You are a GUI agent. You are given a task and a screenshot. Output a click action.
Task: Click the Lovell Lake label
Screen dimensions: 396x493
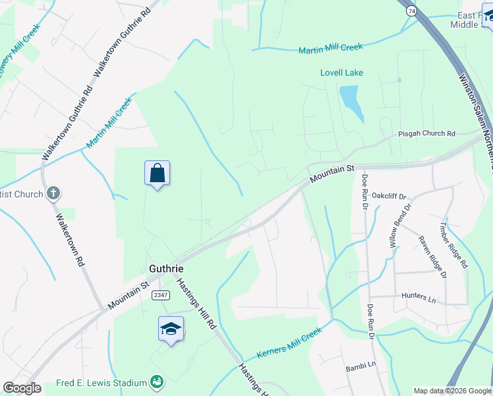pos(341,73)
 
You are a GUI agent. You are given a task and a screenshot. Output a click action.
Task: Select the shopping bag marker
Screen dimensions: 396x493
pos(158,174)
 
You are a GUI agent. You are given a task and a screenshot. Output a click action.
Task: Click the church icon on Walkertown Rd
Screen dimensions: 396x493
pos(53,194)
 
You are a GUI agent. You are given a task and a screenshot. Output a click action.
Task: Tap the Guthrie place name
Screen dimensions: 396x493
pos(165,269)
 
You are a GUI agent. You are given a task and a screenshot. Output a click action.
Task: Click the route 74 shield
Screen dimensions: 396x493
pos(411,11)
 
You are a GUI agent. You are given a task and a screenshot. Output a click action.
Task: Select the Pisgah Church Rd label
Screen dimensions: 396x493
pos(426,133)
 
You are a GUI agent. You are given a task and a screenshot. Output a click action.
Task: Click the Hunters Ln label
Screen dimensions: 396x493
pos(421,299)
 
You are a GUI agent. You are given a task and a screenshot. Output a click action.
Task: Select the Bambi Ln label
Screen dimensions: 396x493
pos(361,364)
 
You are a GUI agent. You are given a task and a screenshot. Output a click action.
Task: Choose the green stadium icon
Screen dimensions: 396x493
pos(157,381)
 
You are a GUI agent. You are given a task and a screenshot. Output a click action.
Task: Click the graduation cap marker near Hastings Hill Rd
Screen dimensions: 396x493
pos(171,329)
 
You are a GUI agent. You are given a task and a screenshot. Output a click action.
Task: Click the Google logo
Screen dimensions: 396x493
pos(22,388)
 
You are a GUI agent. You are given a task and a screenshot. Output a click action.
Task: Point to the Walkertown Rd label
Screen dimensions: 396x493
pos(71,240)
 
